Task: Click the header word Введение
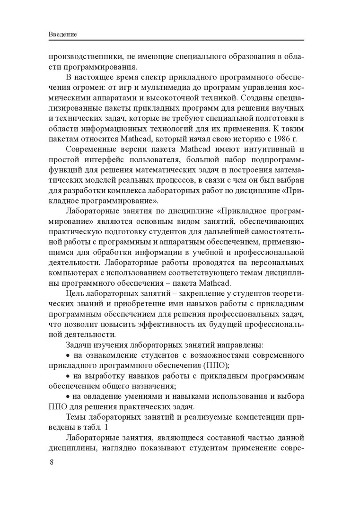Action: [x=63, y=35]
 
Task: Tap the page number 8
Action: [x=52, y=462]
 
